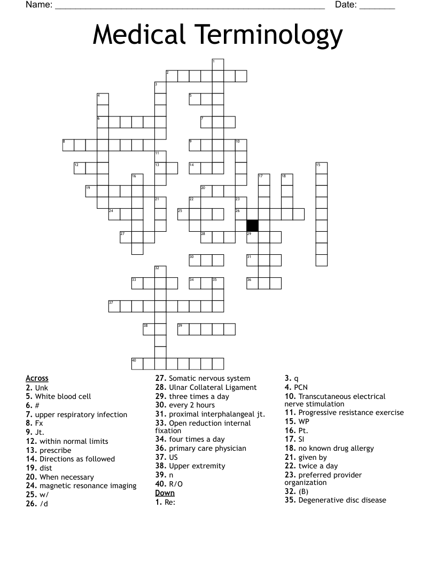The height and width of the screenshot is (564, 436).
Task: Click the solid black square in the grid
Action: pyautogui.click(x=252, y=225)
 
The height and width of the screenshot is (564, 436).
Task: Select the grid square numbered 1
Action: pyautogui.click(x=217, y=65)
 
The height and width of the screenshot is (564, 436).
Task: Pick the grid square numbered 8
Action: pyautogui.click(x=68, y=145)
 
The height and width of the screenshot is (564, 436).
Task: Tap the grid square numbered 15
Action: pyautogui.click(x=321, y=168)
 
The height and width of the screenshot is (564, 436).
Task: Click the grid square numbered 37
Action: pyautogui.click(x=114, y=306)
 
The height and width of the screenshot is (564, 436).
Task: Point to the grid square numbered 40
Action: pyautogui.click(x=137, y=364)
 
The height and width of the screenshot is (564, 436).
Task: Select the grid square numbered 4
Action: pyautogui.click(x=103, y=99)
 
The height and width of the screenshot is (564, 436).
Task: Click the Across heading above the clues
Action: pyautogui.click(x=37, y=379)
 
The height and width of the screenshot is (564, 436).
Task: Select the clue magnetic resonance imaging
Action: pyautogui.click(x=88, y=485)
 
